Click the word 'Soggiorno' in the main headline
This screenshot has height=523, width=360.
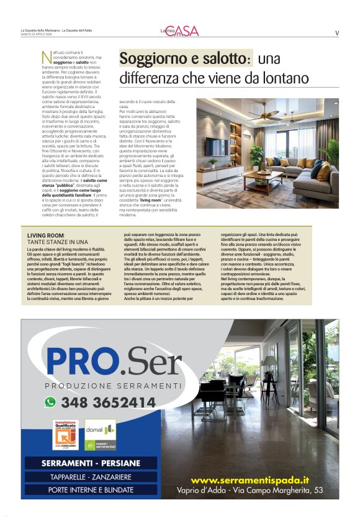coord(150,59)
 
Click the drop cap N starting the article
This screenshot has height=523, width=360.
coord(45,57)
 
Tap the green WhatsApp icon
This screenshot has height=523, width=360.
coord(50,402)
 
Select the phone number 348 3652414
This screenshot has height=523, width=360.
coord(109,402)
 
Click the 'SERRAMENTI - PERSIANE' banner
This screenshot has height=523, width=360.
coord(90,463)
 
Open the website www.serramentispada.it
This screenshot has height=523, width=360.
coord(250,480)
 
